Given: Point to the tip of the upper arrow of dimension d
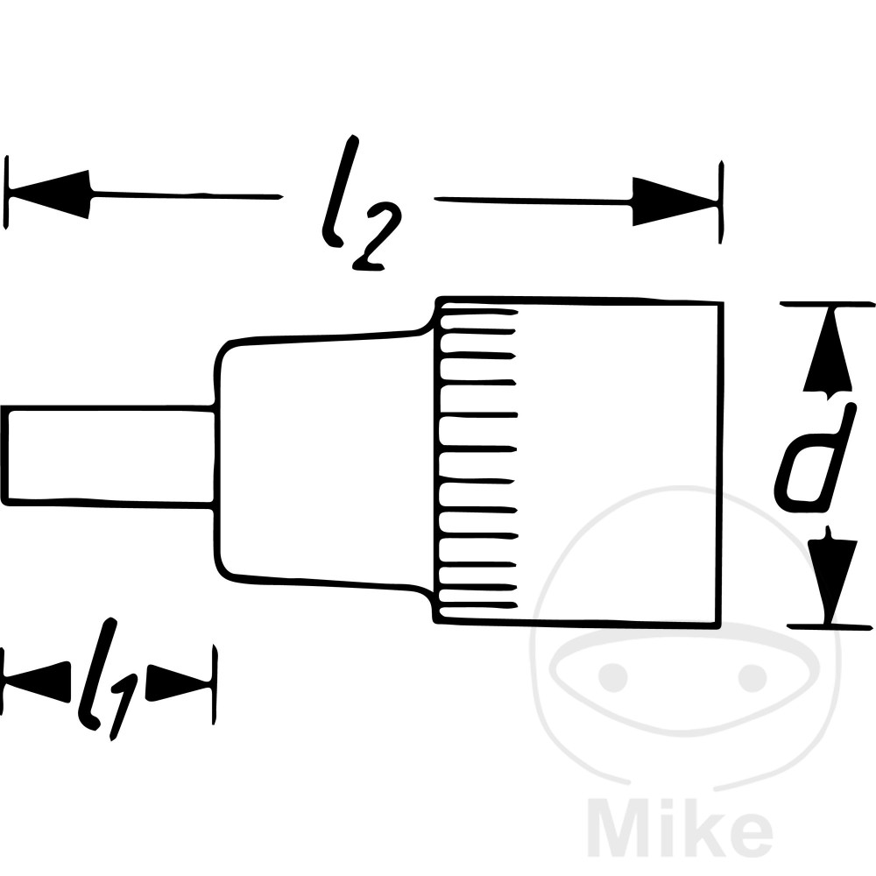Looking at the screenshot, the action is point(828,306).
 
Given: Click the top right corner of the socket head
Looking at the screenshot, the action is point(723,303).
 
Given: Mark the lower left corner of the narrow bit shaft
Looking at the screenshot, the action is point(4,503).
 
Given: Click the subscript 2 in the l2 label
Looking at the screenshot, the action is point(376,237).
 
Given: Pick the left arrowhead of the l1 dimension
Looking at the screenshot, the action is point(37,682).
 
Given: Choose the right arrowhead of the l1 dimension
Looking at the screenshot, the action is point(180,682).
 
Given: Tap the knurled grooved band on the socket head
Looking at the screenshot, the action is point(476,462).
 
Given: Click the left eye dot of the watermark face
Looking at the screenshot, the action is point(613,676).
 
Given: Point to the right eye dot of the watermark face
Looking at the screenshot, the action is point(752,677).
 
